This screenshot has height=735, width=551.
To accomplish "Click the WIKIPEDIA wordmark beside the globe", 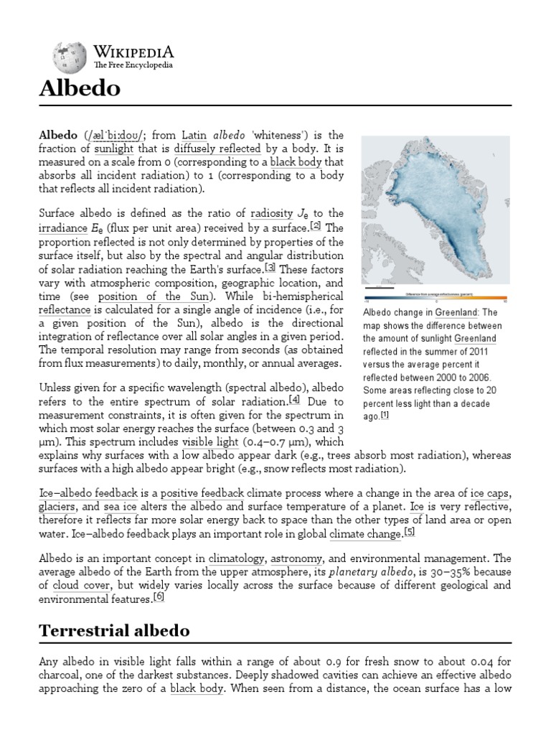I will (x=133, y=52).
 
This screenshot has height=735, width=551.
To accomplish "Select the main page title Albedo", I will (x=79, y=89).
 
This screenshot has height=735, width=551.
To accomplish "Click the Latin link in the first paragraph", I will (x=194, y=135).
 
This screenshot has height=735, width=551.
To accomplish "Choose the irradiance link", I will (x=62, y=227).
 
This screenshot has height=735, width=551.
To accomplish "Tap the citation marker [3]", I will (x=270, y=268).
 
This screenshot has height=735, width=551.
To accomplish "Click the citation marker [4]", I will (x=294, y=400).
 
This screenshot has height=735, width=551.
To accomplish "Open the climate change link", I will (x=364, y=535).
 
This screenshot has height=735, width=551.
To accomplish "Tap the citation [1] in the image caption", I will (x=385, y=415).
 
